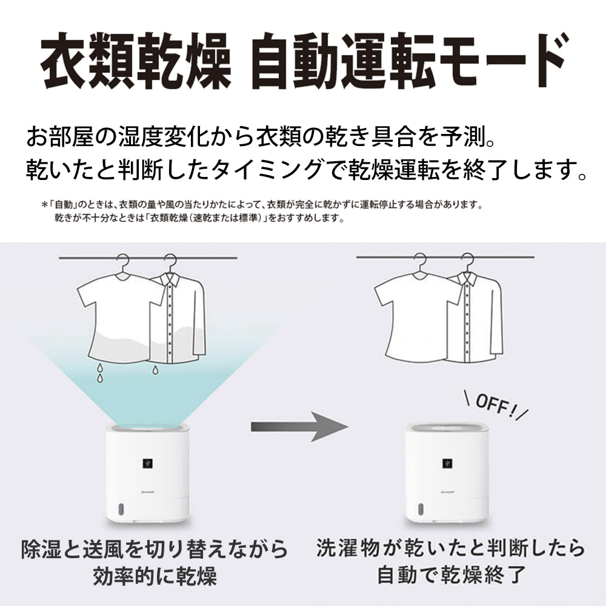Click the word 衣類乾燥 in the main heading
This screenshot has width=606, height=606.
point(136,61)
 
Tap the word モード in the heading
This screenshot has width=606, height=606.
point(501,61)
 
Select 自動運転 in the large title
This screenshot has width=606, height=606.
point(344,61)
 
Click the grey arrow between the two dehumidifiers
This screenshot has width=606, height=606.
point(299,427)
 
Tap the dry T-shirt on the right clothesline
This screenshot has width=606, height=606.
point(418,318)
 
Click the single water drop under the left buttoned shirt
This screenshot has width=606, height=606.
point(155,370)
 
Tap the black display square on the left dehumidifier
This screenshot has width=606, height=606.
point(147,463)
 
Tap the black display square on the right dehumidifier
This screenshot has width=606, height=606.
point(447,463)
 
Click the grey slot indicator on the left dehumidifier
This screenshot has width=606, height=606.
point(121,510)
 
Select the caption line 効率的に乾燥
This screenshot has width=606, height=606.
point(155,577)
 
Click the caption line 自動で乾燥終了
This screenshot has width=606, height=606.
point(451,574)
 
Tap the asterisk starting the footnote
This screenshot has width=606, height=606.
point(44,204)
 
